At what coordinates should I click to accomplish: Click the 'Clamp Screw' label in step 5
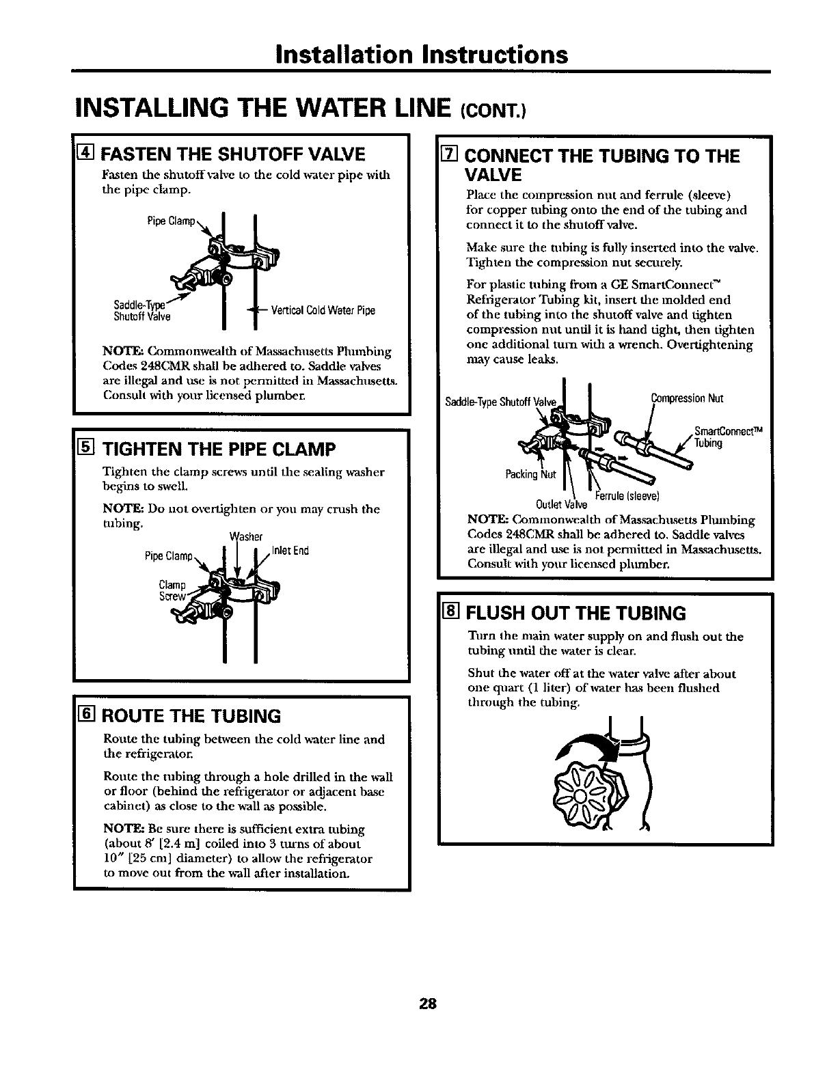coord(171,590)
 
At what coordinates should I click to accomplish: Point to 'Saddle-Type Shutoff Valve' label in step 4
coord(143,312)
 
